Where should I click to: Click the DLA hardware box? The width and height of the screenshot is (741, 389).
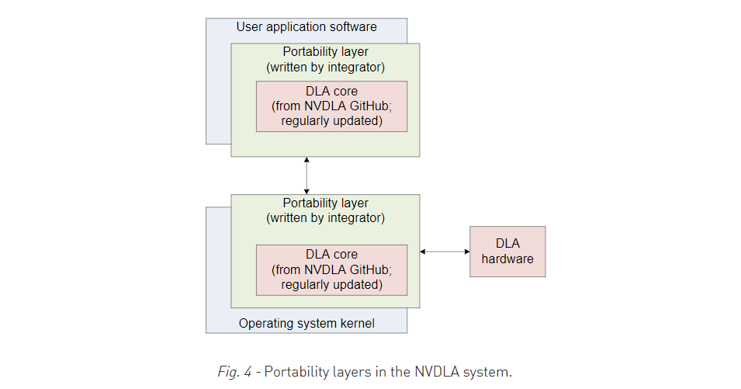coord(507,252)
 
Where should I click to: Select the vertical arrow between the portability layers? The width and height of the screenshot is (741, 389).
coord(307,175)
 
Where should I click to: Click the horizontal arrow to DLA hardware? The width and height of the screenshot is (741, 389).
coord(445,252)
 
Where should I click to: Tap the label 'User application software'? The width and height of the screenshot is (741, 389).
coord(306,27)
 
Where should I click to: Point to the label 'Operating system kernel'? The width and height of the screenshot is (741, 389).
coord(306,323)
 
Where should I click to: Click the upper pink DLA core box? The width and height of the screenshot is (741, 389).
coord(331,106)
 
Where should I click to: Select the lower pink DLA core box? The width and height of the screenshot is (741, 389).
coord(331,269)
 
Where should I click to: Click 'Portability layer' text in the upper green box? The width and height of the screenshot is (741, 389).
coord(325,52)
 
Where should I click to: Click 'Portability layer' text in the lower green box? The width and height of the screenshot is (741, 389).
coord(325,203)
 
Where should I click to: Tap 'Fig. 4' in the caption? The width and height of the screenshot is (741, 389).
coord(236,372)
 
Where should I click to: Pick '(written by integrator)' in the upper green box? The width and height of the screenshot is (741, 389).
coord(325,67)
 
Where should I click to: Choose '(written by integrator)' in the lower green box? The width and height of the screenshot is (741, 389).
coord(325,218)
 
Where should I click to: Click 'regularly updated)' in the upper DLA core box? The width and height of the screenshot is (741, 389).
coord(331,121)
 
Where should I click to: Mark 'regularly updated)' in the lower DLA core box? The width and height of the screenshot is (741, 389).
coord(331,284)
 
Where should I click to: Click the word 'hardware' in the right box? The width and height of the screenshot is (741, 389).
coord(507,259)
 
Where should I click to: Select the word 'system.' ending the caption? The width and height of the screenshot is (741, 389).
coord(490,372)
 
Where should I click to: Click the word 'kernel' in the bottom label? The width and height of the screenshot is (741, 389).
coord(357,323)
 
